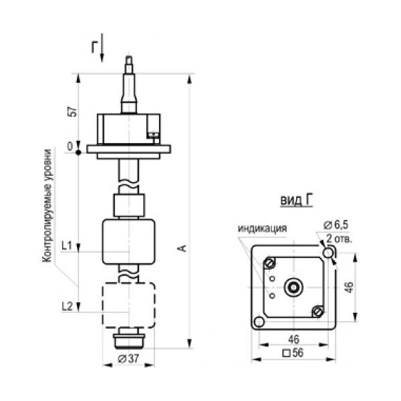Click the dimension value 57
74,111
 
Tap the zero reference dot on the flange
78,152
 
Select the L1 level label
67,246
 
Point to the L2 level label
68,306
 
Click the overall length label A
182,248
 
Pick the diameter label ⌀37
128,359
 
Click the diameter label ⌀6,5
336,225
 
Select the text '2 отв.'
340,239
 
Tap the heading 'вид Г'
296,200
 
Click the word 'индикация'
263,229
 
